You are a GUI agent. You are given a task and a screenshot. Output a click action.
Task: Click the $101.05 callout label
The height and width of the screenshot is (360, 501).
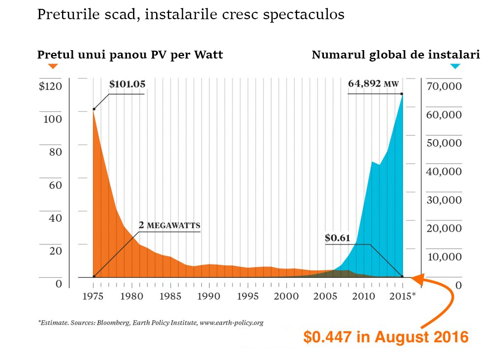[127, 84]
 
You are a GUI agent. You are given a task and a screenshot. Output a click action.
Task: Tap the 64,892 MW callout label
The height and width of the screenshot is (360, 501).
[373, 84]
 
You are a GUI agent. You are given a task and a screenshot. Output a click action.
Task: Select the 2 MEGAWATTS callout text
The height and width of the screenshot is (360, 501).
[169, 225]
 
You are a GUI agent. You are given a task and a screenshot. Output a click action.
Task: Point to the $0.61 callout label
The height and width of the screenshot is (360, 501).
[337, 239]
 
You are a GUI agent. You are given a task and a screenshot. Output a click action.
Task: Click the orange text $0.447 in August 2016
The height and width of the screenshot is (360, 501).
[385, 337]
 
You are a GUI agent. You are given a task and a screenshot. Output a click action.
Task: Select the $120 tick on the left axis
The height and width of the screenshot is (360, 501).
[50, 87]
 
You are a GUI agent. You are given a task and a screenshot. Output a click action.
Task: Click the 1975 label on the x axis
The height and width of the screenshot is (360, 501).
[93, 297]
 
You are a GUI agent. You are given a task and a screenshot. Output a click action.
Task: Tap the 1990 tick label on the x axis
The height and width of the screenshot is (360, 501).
[209, 297]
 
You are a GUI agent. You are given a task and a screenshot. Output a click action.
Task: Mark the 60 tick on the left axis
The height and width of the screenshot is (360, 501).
[55, 185]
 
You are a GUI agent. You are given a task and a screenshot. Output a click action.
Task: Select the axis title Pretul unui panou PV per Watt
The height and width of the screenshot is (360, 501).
[130, 55]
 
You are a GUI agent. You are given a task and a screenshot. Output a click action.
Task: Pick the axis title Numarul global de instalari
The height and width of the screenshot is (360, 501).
[396, 55]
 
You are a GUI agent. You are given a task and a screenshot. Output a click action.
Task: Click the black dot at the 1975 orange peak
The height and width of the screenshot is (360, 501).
[94, 109]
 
